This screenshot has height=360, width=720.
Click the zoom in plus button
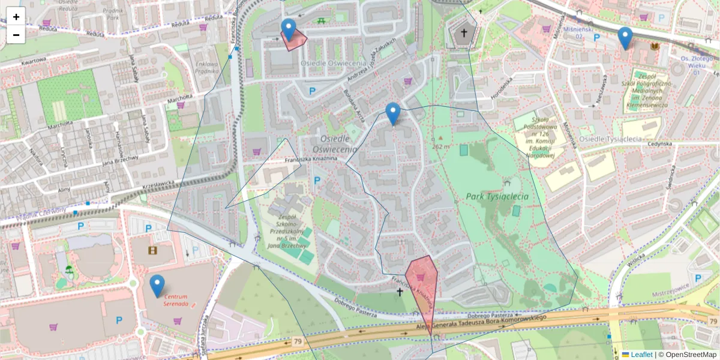click(x=16, y=17)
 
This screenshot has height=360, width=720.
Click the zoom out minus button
click(x=16, y=35)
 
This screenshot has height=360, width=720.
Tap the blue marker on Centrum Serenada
click(x=157, y=286)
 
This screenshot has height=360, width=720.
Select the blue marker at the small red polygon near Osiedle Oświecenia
click(x=289, y=29)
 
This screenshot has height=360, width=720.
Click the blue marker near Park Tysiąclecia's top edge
click(x=393, y=113)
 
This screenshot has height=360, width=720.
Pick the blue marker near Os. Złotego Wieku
click(x=625, y=38)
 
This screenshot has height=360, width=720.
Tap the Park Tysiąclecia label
click(x=497, y=196)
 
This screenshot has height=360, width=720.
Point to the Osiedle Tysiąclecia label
click(x=607, y=139)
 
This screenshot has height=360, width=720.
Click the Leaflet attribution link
click(x=640, y=355)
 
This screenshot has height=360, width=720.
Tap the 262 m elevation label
click(x=440, y=146)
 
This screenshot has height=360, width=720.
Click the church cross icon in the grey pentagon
click(x=463, y=34)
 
